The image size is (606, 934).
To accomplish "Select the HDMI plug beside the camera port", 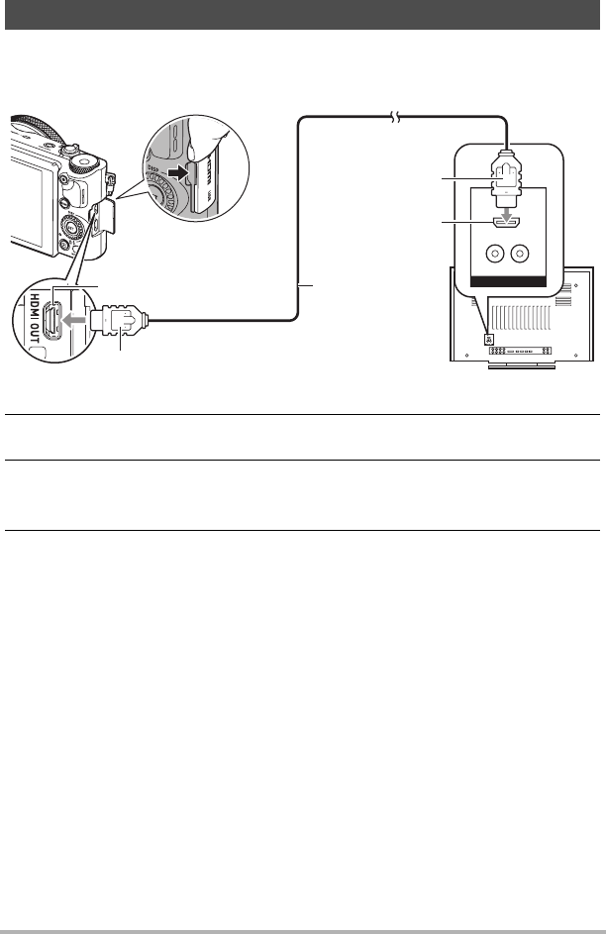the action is tap(119, 321).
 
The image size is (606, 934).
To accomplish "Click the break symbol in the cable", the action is tap(396, 118).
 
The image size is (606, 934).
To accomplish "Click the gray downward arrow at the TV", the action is tap(506, 214).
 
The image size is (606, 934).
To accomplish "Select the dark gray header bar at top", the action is tap(303, 15).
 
